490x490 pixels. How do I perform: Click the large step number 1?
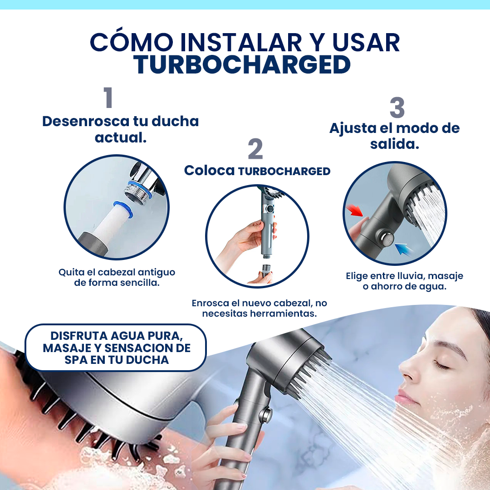108,98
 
